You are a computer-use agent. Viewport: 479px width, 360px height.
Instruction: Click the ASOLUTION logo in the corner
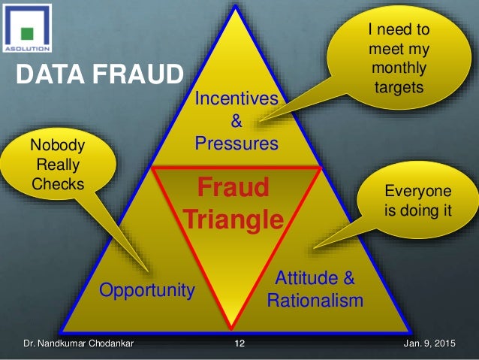(27, 28)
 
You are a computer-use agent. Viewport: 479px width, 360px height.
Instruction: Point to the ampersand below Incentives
(236, 120)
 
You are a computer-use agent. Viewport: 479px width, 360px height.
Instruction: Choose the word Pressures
(236, 142)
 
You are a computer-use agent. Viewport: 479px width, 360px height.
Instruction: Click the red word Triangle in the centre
(234, 219)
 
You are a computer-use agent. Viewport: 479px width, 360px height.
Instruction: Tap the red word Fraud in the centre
(235, 188)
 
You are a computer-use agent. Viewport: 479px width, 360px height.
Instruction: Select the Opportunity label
(147, 289)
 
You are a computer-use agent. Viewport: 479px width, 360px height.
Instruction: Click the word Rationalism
(315, 301)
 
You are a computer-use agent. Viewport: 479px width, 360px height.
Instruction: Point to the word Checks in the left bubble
(58, 183)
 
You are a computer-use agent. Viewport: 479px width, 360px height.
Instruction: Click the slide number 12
(239, 345)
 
